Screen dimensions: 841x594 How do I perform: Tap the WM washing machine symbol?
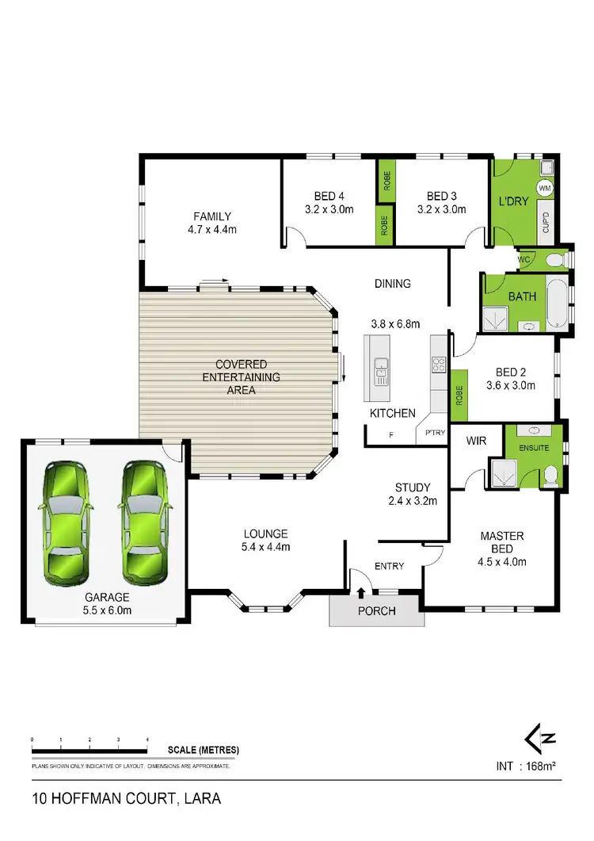click(545, 189)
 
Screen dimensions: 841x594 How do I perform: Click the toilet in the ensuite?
click(551, 473)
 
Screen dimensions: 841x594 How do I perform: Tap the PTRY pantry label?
click(436, 433)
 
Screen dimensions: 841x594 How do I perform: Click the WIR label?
click(476, 439)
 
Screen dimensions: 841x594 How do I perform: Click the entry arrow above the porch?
click(362, 591)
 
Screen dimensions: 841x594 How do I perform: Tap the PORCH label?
click(377, 611)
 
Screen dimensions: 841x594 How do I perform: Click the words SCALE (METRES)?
click(204, 750)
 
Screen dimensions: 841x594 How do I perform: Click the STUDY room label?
click(413, 487)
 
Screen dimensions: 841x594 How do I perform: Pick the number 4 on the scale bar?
click(147, 740)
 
